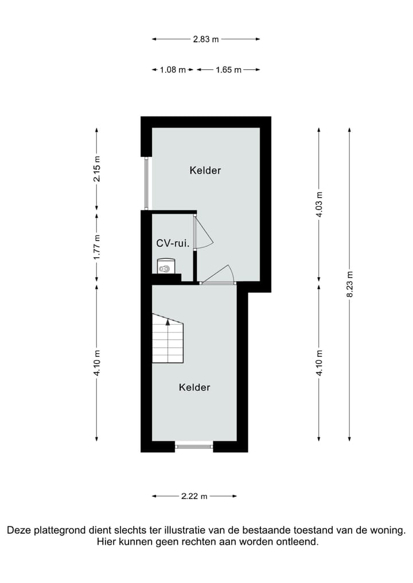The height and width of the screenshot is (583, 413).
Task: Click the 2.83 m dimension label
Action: point(205,40)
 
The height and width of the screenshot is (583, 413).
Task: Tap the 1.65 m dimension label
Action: point(228,70)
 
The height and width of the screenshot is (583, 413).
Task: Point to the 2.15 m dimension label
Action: point(97,169)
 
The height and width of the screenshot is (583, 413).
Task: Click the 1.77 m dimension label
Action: point(97,245)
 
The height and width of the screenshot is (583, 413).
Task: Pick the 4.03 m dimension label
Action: point(320,204)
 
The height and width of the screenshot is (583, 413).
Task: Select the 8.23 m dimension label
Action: point(350,284)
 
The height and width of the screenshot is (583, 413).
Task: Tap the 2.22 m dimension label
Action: point(194,497)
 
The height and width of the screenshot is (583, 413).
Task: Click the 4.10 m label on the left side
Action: point(97,362)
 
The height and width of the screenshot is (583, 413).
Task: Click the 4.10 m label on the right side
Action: point(320,362)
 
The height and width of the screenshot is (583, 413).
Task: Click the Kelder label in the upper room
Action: point(205,170)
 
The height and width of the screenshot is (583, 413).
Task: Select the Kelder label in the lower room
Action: point(194,387)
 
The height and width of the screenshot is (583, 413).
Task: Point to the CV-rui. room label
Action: point(173,243)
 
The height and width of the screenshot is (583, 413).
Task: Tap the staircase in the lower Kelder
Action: point(167,341)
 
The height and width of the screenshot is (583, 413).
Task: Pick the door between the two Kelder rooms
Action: point(218,282)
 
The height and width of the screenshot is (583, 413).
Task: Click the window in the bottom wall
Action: point(194,446)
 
